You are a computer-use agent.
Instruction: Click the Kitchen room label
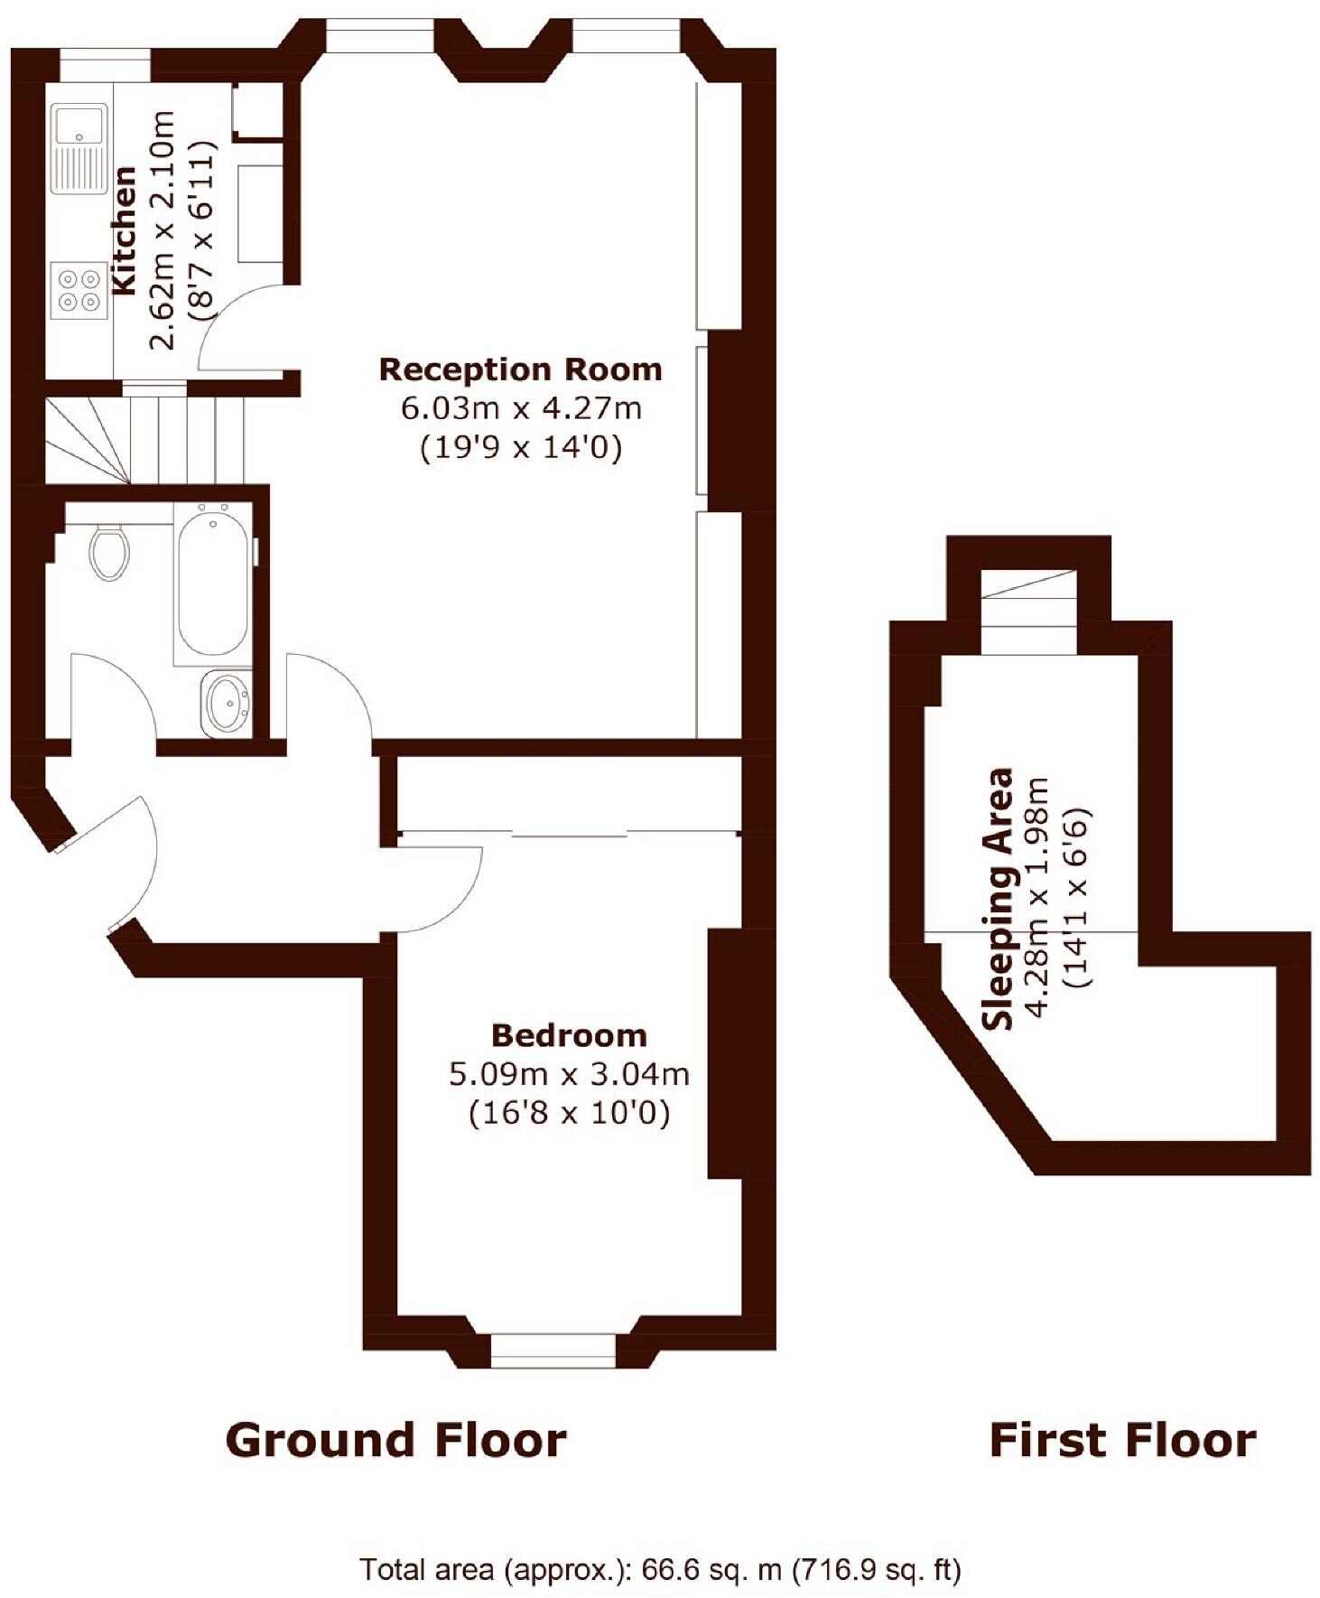coord(124,230)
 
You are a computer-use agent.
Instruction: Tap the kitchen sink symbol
coord(79,148)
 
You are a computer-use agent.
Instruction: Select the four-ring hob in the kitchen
coord(79,291)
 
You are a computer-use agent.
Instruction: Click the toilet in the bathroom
coord(109,551)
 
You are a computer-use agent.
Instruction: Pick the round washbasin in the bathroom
coord(227,703)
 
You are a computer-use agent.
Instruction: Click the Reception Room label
coord(520,369)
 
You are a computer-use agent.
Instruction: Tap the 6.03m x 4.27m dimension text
coord(521,408)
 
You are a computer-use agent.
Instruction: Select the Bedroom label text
coord(569,1035)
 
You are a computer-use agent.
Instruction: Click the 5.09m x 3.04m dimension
coord(569,1074)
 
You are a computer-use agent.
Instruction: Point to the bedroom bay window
coord(553,1350)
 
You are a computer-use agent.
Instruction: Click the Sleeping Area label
coord(999,899)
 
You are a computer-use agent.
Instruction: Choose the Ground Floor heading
coord(395,1440)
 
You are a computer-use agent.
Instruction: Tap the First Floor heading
coord(1122,1440)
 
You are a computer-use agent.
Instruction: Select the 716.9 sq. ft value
coord(876,1570)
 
